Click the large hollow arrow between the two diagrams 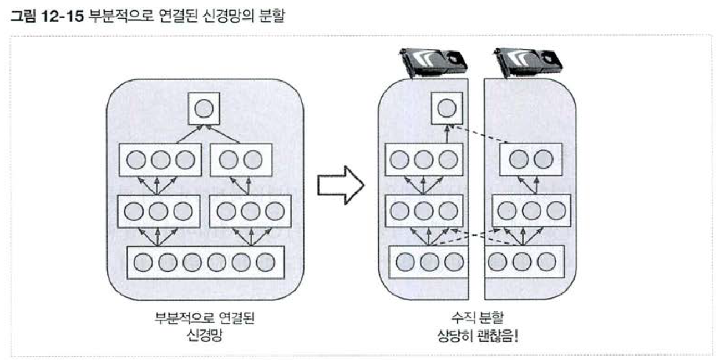click(340, 185)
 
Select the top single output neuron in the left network click(204, 109)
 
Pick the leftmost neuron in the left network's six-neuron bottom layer click(144, 262)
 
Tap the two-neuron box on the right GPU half click(531, 159)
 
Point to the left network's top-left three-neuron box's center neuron click(160, 159)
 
